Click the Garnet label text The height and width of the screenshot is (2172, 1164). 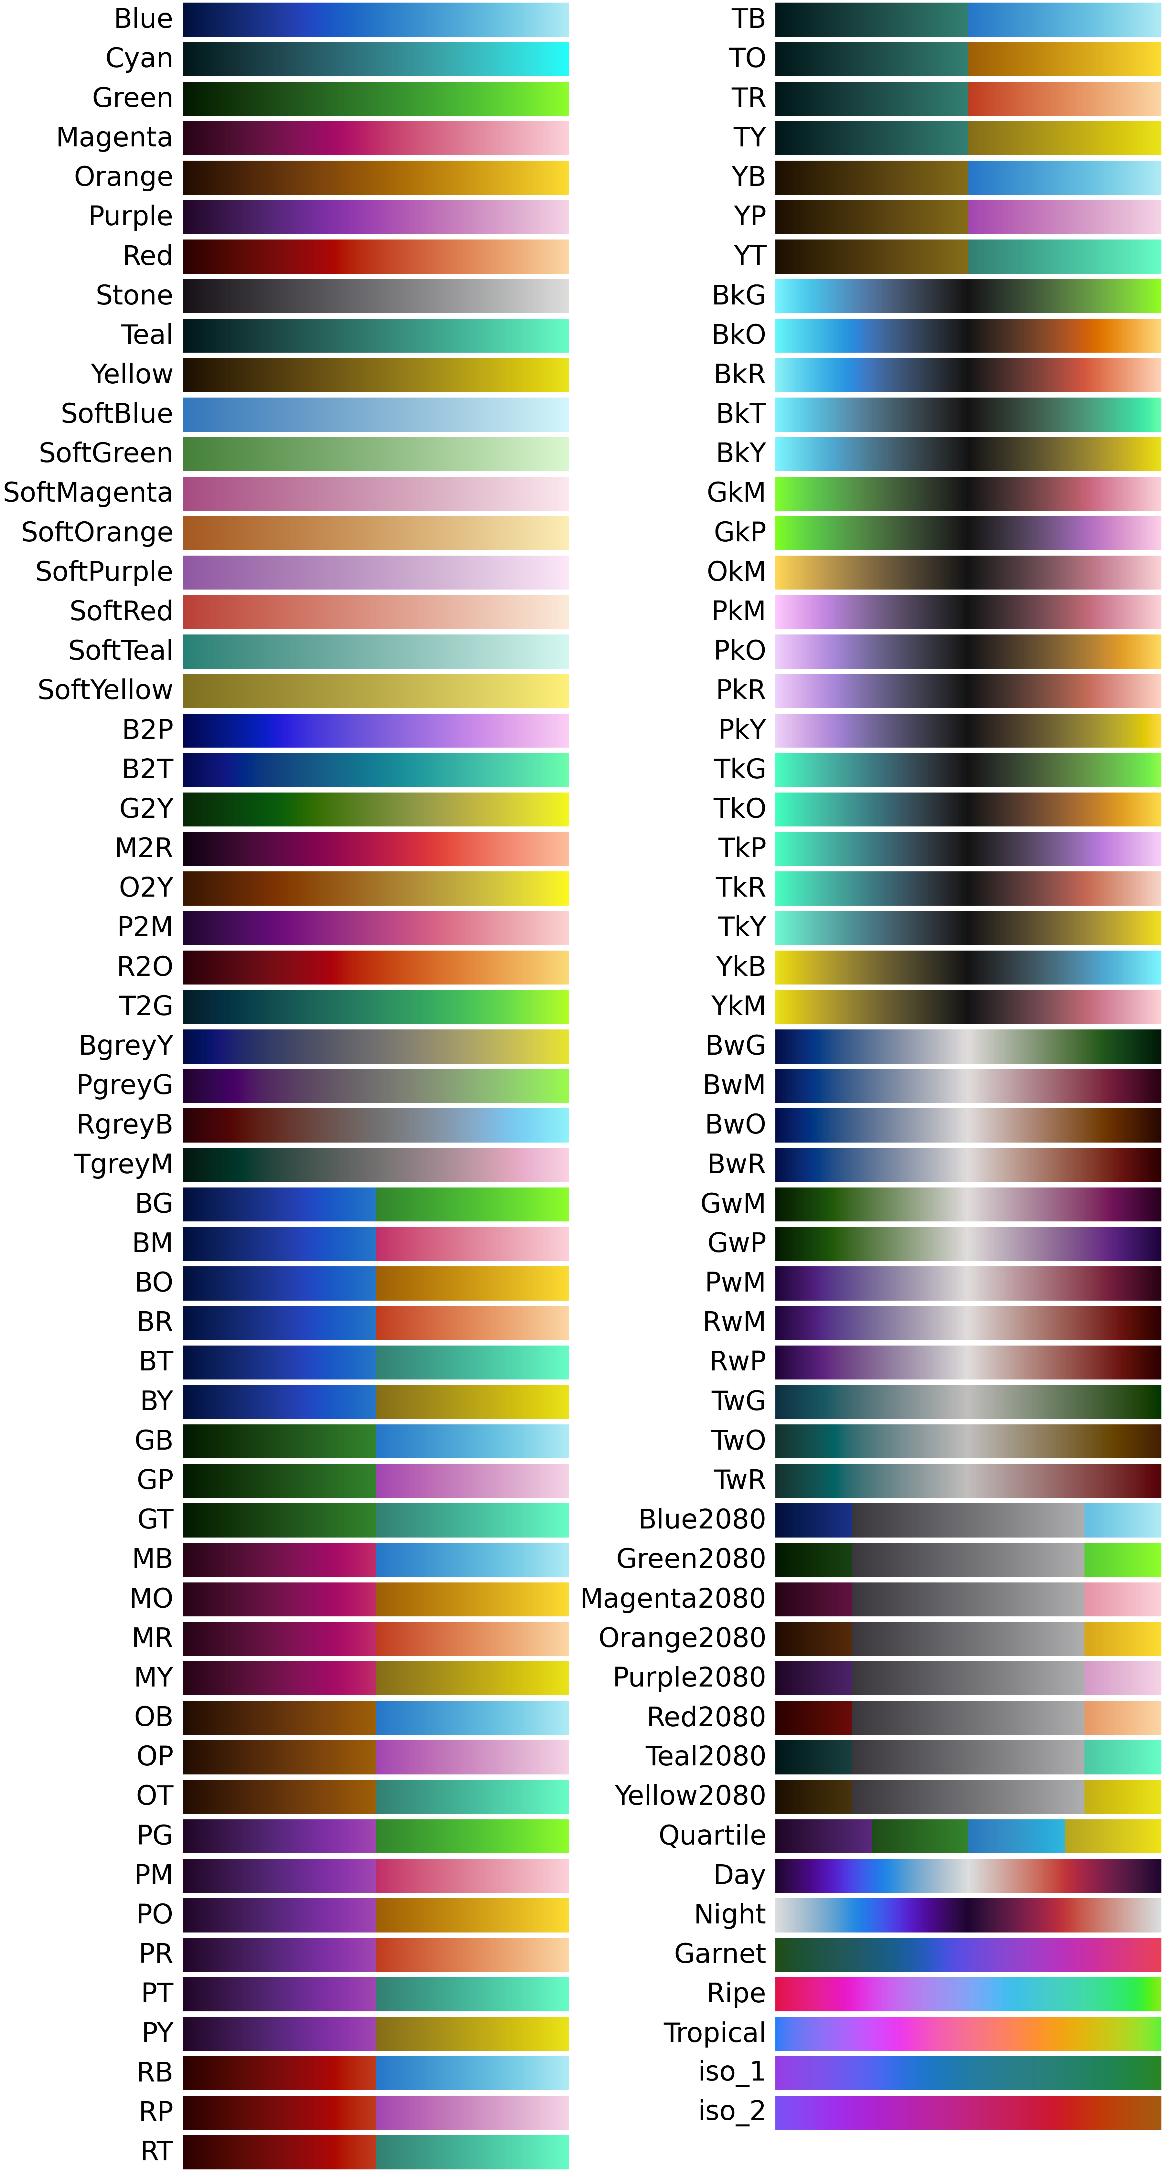(719, 1954)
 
